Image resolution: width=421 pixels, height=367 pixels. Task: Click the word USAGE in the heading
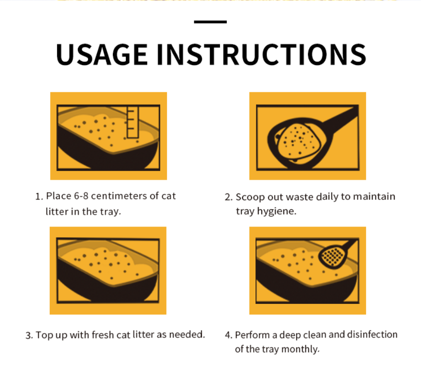102,54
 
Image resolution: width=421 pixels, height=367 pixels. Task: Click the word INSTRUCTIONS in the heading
262,54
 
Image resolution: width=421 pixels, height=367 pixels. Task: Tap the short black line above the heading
210,22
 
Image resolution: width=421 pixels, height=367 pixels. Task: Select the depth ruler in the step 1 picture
133,122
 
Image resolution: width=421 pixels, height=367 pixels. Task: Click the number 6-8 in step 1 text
81,196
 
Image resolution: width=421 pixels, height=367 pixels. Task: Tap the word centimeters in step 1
119,196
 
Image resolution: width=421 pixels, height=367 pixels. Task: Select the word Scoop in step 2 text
250,197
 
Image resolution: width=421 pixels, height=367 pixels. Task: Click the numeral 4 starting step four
228,335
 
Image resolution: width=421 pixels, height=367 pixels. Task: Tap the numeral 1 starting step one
37,197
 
